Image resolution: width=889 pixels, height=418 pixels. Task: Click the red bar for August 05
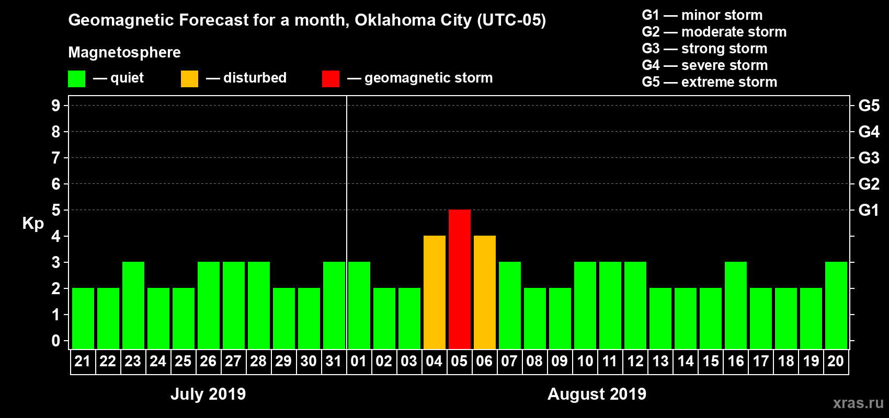[x=460, y=279]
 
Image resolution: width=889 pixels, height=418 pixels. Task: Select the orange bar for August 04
[x=435, y=292]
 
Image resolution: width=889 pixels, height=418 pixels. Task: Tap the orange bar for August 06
[x=485, y=292]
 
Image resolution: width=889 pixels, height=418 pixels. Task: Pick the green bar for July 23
[x=133, y=305]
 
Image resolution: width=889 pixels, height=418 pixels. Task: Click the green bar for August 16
[x=736, y=305]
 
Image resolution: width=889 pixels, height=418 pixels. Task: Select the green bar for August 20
[x=836, y=305]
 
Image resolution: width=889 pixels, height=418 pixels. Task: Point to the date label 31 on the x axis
[x=334, y=361]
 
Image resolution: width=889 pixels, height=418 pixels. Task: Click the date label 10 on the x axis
[x=585, y=361]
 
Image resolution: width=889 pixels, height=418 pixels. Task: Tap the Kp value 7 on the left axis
[x=56, y=158]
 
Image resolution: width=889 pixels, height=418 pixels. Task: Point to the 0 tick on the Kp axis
[x=56, y=341]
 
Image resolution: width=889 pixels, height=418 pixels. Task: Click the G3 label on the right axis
[x=869, y=158]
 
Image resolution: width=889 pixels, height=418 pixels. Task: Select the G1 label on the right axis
[x=869, y=210]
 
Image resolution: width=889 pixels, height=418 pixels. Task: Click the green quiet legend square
[x=76, y=79]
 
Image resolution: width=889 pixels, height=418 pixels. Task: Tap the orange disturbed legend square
[x=189, y=79]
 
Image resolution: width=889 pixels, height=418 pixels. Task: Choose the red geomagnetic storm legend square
[x=330, y=79]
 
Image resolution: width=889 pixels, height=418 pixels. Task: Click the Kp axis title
[x=33, y=223]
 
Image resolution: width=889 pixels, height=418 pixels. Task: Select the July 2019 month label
[x=208, y=393]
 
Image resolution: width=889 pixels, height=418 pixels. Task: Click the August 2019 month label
[x=597, y=393]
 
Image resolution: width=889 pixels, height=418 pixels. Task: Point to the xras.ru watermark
[x=858, y=403]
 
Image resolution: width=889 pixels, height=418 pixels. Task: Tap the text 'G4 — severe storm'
[x=704, y=65]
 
